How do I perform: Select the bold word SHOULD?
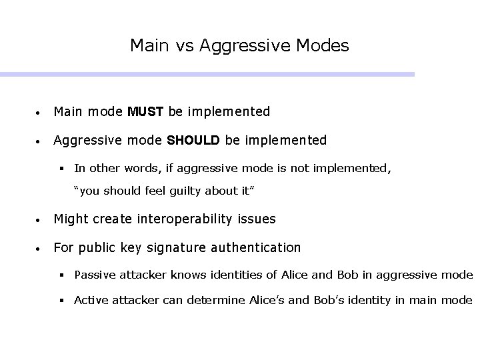(194, 140)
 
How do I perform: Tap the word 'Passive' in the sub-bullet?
(94, 274)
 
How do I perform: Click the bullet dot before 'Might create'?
(41, 219)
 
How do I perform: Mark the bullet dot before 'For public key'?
(41, 248)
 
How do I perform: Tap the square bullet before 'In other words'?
(63, 169)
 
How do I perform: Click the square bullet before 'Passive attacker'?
(63, 274)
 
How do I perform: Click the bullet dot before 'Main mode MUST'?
(41, 112)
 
